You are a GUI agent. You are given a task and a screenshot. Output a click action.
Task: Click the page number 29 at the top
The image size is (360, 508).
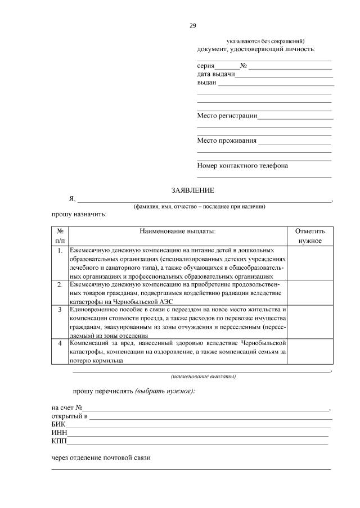[x=192, y=25]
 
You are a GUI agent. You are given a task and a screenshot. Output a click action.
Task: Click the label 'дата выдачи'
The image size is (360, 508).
[x=215, y=74]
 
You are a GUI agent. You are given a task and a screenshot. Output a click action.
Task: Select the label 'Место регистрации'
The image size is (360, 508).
[x=227, y=116]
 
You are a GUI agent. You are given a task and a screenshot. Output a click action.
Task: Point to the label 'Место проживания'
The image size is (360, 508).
[x=227, y=140]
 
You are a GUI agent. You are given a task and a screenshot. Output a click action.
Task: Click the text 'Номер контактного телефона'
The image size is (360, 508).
[x=242, y=166]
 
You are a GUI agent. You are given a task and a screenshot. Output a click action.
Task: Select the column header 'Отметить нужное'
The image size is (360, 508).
[x=310, y=236]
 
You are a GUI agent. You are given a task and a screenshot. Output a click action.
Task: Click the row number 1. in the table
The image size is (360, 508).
[x=60, y=250]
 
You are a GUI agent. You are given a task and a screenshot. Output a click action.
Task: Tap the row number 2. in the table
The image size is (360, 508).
[x=60, y=285]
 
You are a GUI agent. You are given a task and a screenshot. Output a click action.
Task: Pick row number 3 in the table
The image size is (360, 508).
[x=60, y=309]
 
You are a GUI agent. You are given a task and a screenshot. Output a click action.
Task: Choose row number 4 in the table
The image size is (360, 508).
[x=60, y=342]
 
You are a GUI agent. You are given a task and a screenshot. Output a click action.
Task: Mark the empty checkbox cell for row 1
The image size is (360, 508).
[x=310, y=262]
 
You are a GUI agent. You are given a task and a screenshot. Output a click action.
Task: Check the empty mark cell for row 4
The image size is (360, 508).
[x=310, y=351]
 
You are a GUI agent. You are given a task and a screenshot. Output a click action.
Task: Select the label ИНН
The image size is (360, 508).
[x=59, y=433]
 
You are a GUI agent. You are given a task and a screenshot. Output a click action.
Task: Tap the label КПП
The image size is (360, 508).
[x=59, y=441]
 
